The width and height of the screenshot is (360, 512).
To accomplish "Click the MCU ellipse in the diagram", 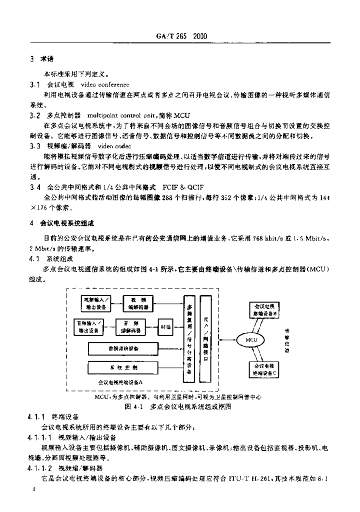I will [x=251, y=340].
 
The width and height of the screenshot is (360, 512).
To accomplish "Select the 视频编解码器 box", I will [x=136, y=302].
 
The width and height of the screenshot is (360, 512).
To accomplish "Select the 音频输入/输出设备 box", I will [x=89, y=326].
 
